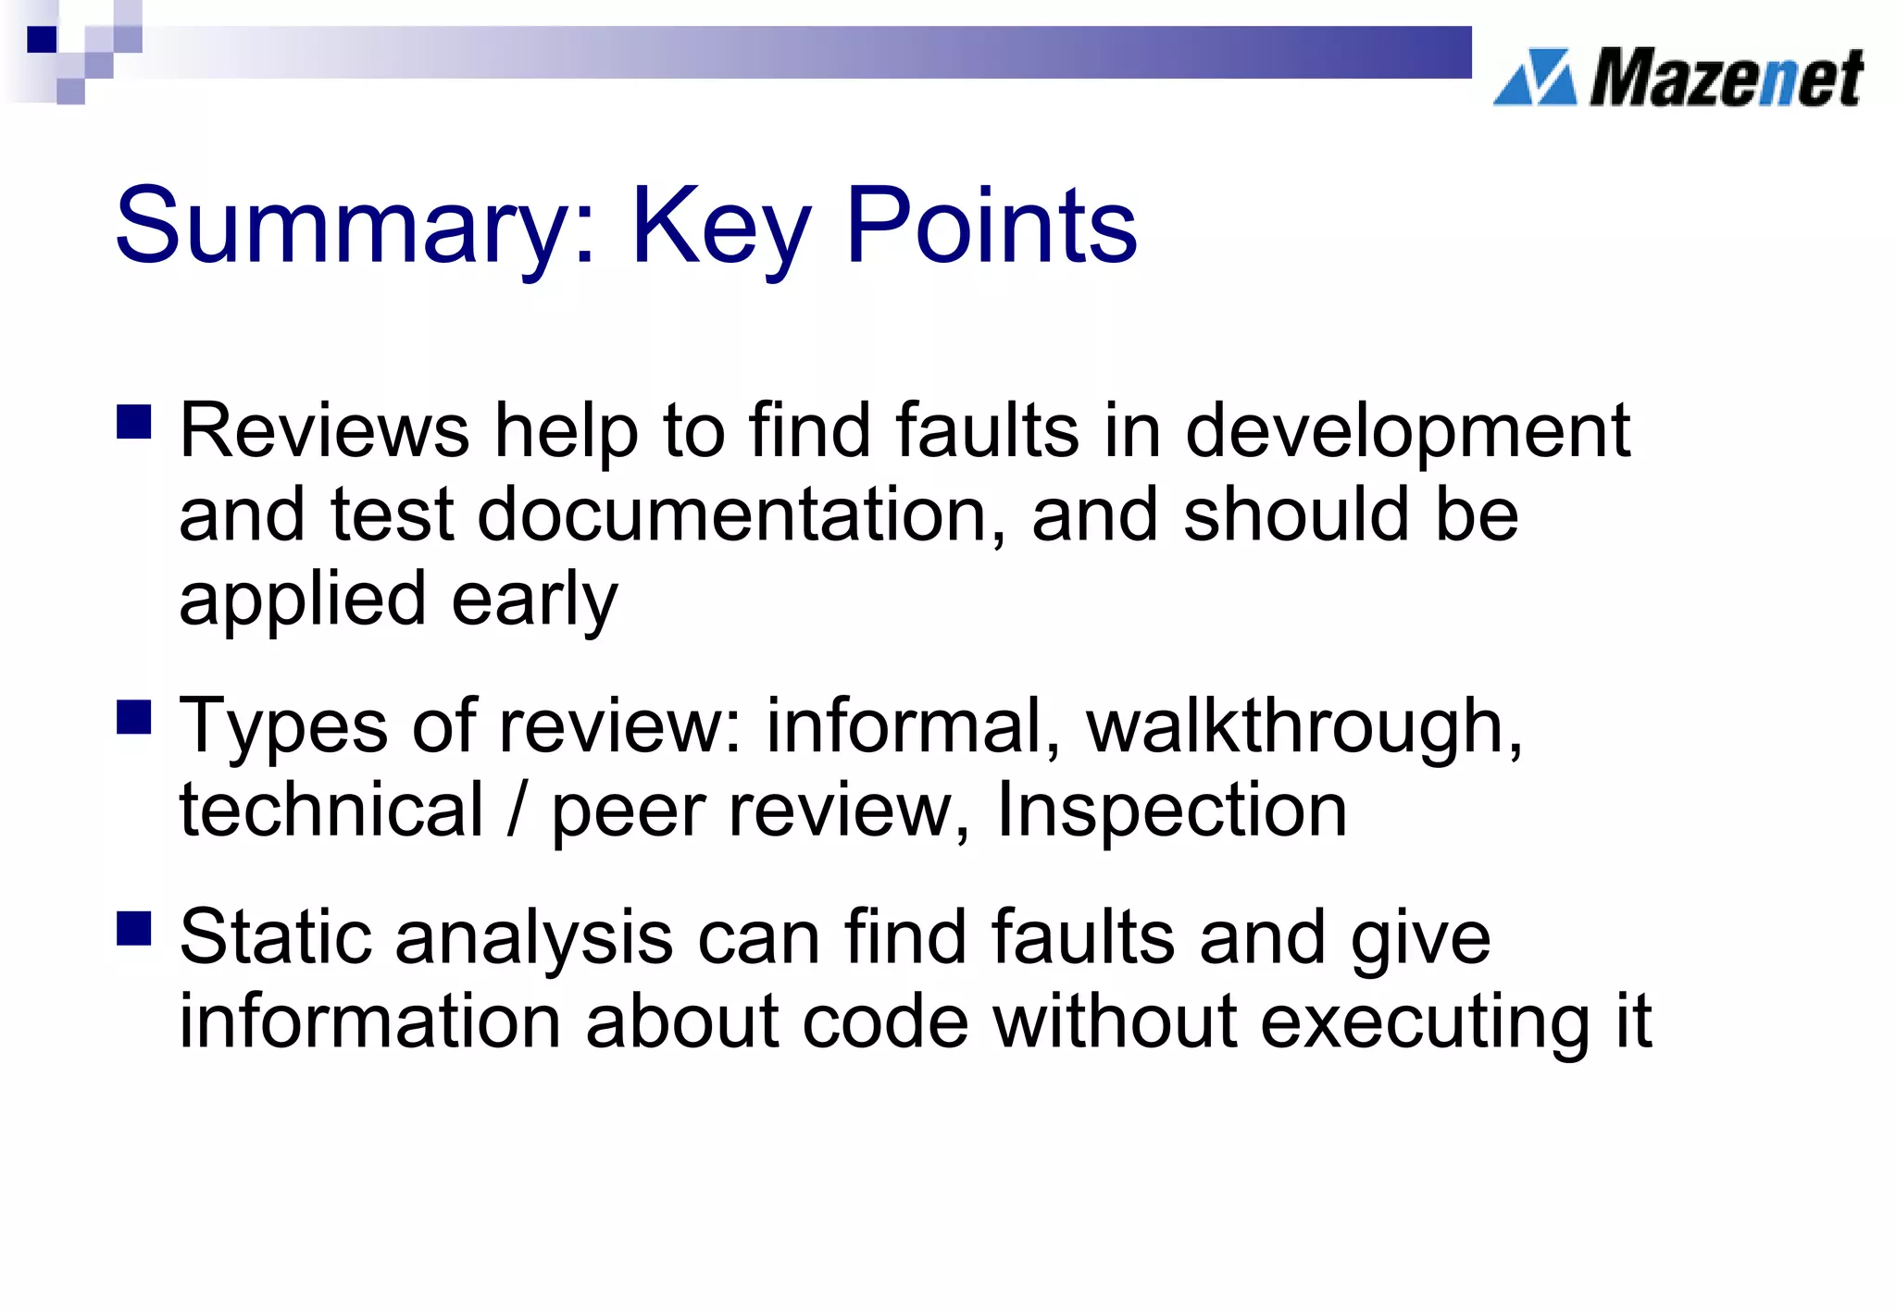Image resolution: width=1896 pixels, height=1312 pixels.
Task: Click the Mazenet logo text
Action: coord(1726,78)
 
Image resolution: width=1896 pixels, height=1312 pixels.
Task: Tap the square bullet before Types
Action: coord(134,717)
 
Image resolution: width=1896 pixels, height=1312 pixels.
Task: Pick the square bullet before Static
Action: coord(134,928)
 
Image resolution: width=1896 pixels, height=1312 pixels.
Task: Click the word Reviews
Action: coord(324,431)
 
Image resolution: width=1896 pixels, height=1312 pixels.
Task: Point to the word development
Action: coord(1407,433)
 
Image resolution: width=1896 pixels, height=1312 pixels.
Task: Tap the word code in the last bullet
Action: coord(885,1022)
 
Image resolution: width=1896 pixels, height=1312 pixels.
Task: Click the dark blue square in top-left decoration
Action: coord(42,39)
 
